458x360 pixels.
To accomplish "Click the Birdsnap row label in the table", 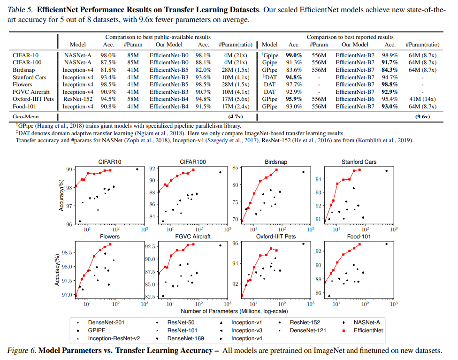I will pos(23,70).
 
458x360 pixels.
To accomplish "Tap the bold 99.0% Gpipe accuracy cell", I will pos(294,55).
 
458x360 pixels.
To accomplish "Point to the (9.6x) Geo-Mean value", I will pos(422,116).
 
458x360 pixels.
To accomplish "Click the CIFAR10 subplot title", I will pos(109,162).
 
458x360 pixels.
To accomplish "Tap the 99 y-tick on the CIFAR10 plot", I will pos(69,169).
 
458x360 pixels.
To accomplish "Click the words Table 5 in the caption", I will pos(21,9).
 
